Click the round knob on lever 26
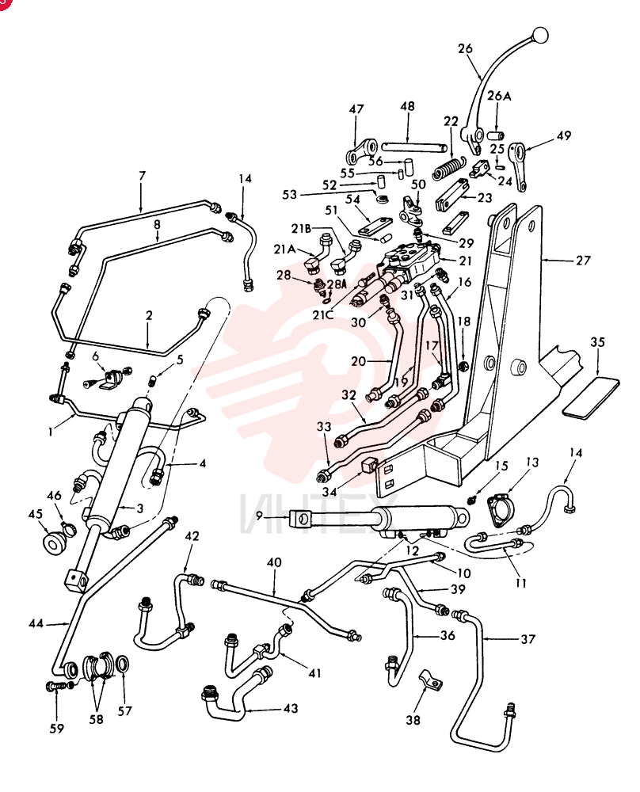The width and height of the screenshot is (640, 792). pos(539,35)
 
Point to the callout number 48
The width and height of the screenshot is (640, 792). pos(407,106)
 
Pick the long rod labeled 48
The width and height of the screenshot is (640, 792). pos(414,147)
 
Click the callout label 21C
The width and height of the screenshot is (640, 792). pos(322,315)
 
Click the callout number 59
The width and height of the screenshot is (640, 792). pos(56,728)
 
